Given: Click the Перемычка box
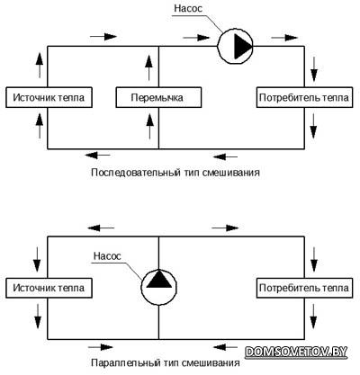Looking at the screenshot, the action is [158, 97].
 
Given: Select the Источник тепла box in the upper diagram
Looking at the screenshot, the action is [49, 97].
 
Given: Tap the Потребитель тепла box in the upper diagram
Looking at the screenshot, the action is [304, 97].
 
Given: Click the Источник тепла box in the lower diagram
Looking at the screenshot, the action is [49, 288].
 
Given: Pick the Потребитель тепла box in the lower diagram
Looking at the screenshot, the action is [304, 288].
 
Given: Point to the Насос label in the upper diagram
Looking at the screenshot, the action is [188, 8].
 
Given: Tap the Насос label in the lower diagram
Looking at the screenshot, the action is [107, 256].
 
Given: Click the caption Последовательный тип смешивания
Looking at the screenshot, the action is [175, 173].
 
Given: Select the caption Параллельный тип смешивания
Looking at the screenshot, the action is [166, 362].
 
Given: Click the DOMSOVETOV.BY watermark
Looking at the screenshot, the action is [296, 352].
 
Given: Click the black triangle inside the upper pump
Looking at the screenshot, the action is [241, 47].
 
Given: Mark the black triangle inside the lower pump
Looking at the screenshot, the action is [159, 280].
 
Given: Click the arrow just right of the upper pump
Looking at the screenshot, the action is [284, 38].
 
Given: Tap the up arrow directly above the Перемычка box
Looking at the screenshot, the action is [148, 68].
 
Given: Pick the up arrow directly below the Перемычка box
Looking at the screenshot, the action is [149, 127].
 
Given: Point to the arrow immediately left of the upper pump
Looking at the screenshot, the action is [196, 38].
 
